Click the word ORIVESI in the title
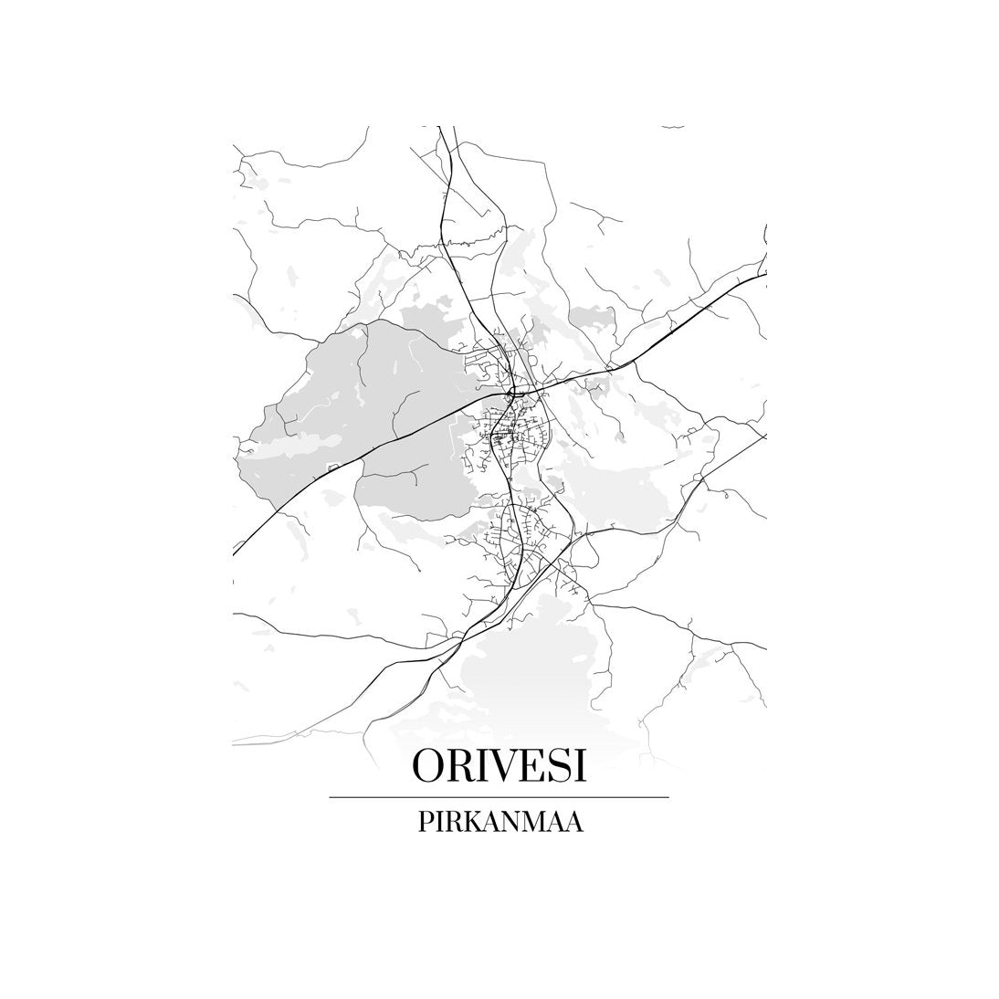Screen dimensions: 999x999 (499, 765)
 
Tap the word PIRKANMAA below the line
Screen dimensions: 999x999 (499, 822)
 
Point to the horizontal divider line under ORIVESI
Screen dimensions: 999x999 (499, 797)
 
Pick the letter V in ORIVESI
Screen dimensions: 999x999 (502, 765)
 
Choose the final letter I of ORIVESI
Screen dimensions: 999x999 (578, 765)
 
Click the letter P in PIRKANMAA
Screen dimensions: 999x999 (425, 822)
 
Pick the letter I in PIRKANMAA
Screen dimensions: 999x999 (438, 822)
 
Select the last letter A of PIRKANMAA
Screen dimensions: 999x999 (574, 822)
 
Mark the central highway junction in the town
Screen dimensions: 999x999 (513, 393)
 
